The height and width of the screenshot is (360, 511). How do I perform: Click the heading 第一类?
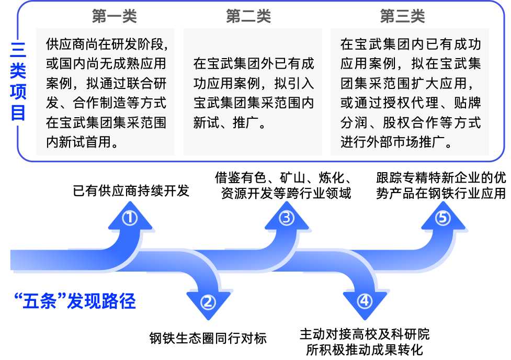point(114,17)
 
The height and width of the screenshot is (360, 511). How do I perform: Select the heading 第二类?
point(248,17)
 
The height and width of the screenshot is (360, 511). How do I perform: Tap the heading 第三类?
point(403,17)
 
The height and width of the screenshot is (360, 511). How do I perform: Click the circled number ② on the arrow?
point(208,302)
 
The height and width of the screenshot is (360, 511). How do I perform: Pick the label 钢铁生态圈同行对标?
point(208,338)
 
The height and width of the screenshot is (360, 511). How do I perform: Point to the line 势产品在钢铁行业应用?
point(441,193)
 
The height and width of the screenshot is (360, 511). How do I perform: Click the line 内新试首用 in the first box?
point(81,142)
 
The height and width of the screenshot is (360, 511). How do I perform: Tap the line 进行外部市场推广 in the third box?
point(396,142)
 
